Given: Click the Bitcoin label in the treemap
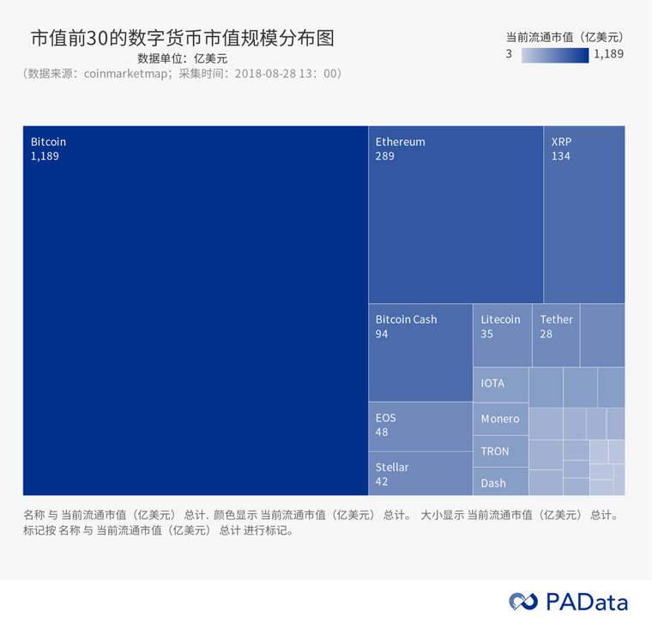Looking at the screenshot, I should (48, 142).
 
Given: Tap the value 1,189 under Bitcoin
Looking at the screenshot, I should (45, 156).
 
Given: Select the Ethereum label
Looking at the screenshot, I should (400, 142).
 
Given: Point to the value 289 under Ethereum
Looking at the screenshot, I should (384, 156).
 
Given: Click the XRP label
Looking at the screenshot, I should (561, 142).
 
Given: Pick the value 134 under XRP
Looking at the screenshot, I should (560, 156).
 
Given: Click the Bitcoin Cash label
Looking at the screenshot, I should (406, 319).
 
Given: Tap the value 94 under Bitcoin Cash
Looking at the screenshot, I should (382, 334).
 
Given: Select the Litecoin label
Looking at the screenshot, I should (500, 319).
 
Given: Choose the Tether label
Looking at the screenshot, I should (556, 319).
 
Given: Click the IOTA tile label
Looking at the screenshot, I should (492, 383).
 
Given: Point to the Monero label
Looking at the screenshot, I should (499, 419).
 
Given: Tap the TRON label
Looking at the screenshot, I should (494, 451).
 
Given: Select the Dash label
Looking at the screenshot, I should (492, 483).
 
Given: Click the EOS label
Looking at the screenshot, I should (385, 418).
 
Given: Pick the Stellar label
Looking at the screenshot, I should (392, 468).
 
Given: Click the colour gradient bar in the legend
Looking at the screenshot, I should (555, 55).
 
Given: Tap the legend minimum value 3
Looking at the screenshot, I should (509, 54).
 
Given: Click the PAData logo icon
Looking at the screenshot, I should (522, 602).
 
